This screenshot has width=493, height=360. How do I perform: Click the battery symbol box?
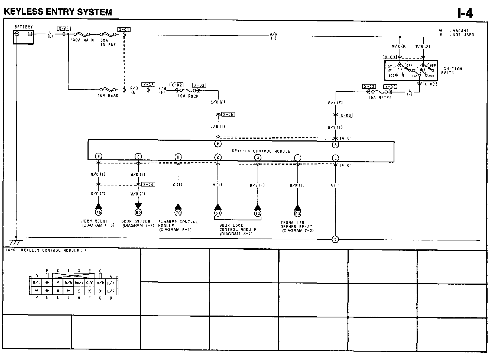tap(24, 37)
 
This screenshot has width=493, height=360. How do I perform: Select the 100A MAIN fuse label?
tap(82, 40)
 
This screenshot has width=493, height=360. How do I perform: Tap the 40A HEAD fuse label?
tap(108, 95)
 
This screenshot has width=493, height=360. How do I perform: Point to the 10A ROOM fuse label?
tap(188, 96)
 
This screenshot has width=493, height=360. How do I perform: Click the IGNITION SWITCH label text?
tap(452, 71)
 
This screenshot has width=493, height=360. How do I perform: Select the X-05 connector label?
tap(228, 114)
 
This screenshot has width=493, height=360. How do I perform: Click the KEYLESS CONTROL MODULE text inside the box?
tap(261, 151)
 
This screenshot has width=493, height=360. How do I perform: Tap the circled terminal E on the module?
tap(98, 157)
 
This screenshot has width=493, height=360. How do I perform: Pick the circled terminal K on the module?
tap(218, 157)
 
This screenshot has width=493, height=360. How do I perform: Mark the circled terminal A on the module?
tap(335, 145)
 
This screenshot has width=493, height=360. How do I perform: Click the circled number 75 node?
tap(98, 212)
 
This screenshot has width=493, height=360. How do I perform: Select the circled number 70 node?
tap(178, 213)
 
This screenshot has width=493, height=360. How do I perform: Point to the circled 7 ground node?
tap(335, 240)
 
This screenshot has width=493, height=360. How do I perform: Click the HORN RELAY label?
tap(95, 221)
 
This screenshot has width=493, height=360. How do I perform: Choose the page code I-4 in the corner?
tap(465, 13)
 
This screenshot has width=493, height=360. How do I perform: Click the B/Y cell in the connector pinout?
tap(111, 283)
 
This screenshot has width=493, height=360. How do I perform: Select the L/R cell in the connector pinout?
tap(111, 291)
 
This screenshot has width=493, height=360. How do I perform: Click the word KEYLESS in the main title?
tap(24, 12)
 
